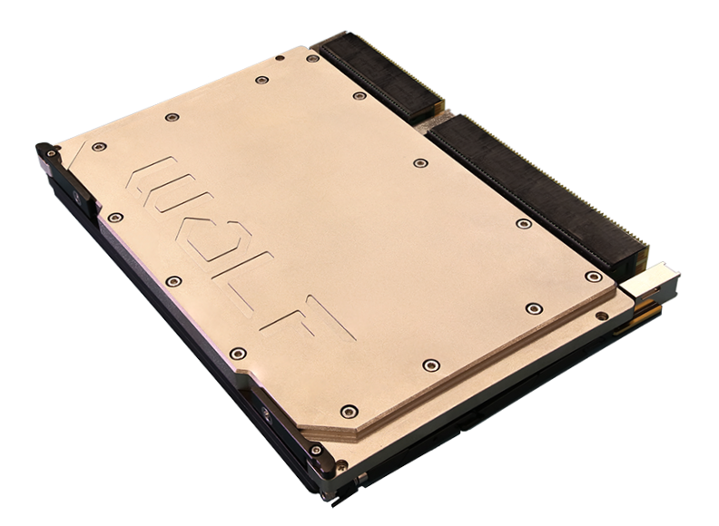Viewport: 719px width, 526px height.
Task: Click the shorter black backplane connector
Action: point(380,75)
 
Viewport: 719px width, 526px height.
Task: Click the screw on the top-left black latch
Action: point(52,152)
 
